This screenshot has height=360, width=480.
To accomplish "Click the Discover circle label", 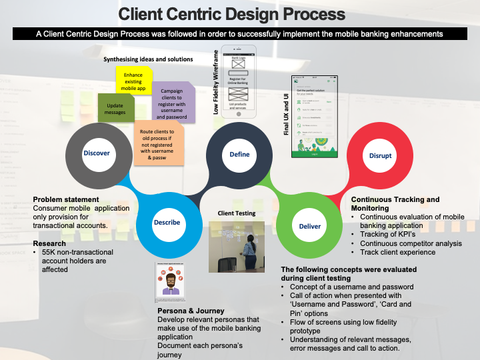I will coord(96,153).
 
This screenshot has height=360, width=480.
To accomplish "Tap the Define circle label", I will coord(239,154).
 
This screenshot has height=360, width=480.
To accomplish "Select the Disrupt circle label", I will coord(380,155).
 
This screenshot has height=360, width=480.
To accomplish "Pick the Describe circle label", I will coord(167,222).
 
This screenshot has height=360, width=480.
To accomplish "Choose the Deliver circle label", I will coord(309,227).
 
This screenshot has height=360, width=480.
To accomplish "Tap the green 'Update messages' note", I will coord(115,108).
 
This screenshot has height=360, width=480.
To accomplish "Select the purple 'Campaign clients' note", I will coord(173,102).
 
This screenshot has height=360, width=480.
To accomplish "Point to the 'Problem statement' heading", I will coord(66,199).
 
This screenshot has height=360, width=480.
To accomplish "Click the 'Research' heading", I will coord(49,243).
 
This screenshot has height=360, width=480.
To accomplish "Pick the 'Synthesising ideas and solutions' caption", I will coord(148,59).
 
